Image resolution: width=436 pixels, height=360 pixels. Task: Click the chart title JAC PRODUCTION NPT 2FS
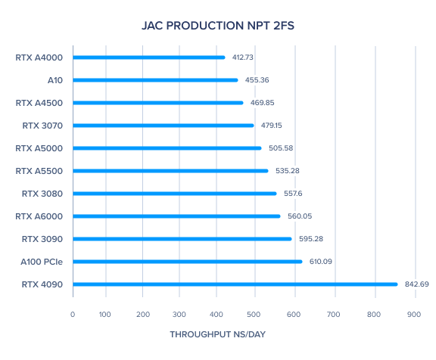(x=218, y=26)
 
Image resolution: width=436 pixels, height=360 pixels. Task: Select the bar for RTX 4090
(x=235, y=284)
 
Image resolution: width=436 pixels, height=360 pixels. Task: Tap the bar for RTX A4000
(x=149, y=57)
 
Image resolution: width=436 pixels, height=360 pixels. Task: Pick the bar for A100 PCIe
(x=188, y=262)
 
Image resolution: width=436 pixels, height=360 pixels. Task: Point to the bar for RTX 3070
(x=163, y=126)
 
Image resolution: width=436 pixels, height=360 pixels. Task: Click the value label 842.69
(x=417, y=284)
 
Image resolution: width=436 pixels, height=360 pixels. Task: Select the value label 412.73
(x=243, y=57)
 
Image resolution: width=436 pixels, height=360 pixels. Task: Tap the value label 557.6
(x=293, y=194)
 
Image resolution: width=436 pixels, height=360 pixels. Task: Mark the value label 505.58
(x=281, y=148)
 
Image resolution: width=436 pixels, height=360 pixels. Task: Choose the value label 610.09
(x=321, y=262)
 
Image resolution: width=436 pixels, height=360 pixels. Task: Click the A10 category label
(x=55, y=80)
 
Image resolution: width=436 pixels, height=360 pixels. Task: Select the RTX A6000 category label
(x=39, y=216)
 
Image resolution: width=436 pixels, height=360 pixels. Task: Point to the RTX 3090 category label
(x=42, y=239)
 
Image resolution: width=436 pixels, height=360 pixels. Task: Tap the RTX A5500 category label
(x=39, y=171)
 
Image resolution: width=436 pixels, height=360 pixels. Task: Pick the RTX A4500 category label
(x=39, y=103)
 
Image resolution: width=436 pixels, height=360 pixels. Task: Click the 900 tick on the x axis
(x=414, y=315)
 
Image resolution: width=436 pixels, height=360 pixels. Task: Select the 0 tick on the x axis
(x=73, y=315)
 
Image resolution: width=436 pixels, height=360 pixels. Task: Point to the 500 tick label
(x=254, y=315)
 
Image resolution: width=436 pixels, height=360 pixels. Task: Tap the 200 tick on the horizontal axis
(x=143, y=315)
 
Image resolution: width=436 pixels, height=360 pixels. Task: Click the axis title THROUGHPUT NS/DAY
(x=218, y=334)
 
